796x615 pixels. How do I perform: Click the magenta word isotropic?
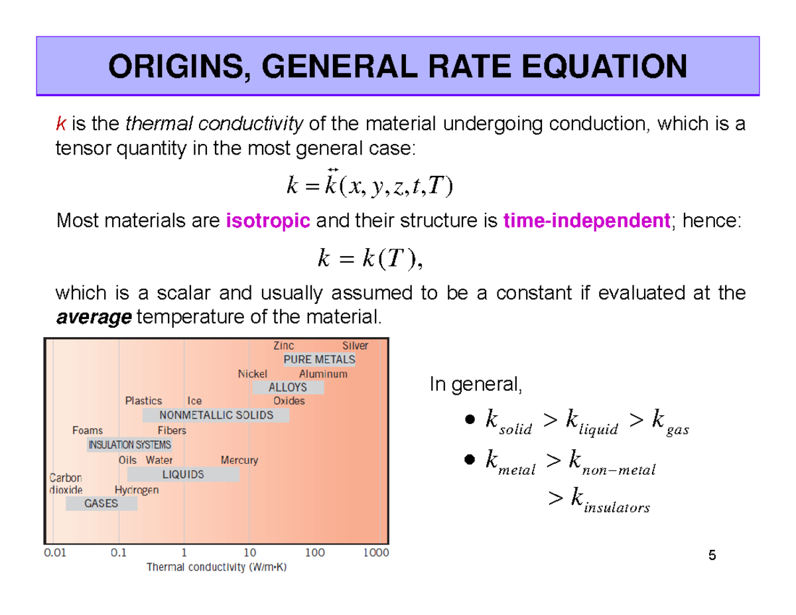pos(269,221)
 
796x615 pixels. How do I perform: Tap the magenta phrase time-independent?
pos(586,221)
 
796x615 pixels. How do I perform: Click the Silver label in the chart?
pos(355,346)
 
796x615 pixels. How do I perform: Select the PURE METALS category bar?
pos(319,360)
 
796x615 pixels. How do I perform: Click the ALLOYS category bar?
pos(288,387)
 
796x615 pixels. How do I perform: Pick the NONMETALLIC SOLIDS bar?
pos(216,415)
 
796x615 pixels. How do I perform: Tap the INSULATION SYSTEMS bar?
pos(130,444)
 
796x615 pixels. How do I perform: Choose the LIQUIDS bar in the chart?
pos(183,474)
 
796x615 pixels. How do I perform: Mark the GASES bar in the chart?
pos(101,504)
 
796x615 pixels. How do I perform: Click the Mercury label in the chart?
pos(239,460)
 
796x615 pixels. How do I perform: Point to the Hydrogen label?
pos(137,490)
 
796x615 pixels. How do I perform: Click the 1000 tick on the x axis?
pos(375,552)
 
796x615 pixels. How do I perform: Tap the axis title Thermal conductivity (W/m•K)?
pos(216,567)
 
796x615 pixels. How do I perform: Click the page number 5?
pos(712,556)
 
